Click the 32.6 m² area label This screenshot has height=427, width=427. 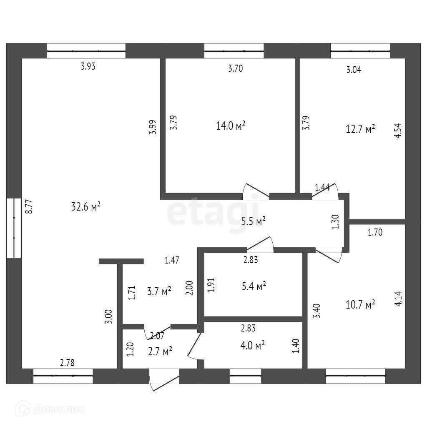pyautogui.click(x=87, y=207)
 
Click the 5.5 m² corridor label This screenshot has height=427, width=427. pyautogui.click(x=254, y=221)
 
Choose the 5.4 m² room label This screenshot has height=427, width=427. pyautogui.click(x=254, y=286)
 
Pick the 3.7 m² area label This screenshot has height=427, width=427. pyautogui.click(x=159, y=291)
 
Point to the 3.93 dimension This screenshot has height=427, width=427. pyautogui.click(x=88, y=66)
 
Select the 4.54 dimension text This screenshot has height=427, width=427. pyautogui.click(x=397, y=130)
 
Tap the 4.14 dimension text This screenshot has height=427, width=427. pyautogui.click(x=397, y=299)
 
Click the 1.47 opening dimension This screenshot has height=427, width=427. pyautogui.click(x=172, y=261)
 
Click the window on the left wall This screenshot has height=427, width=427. pyautogui.click(x=14, y=228)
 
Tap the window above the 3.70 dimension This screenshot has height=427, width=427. pyautogui.click(x=234, y=51)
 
